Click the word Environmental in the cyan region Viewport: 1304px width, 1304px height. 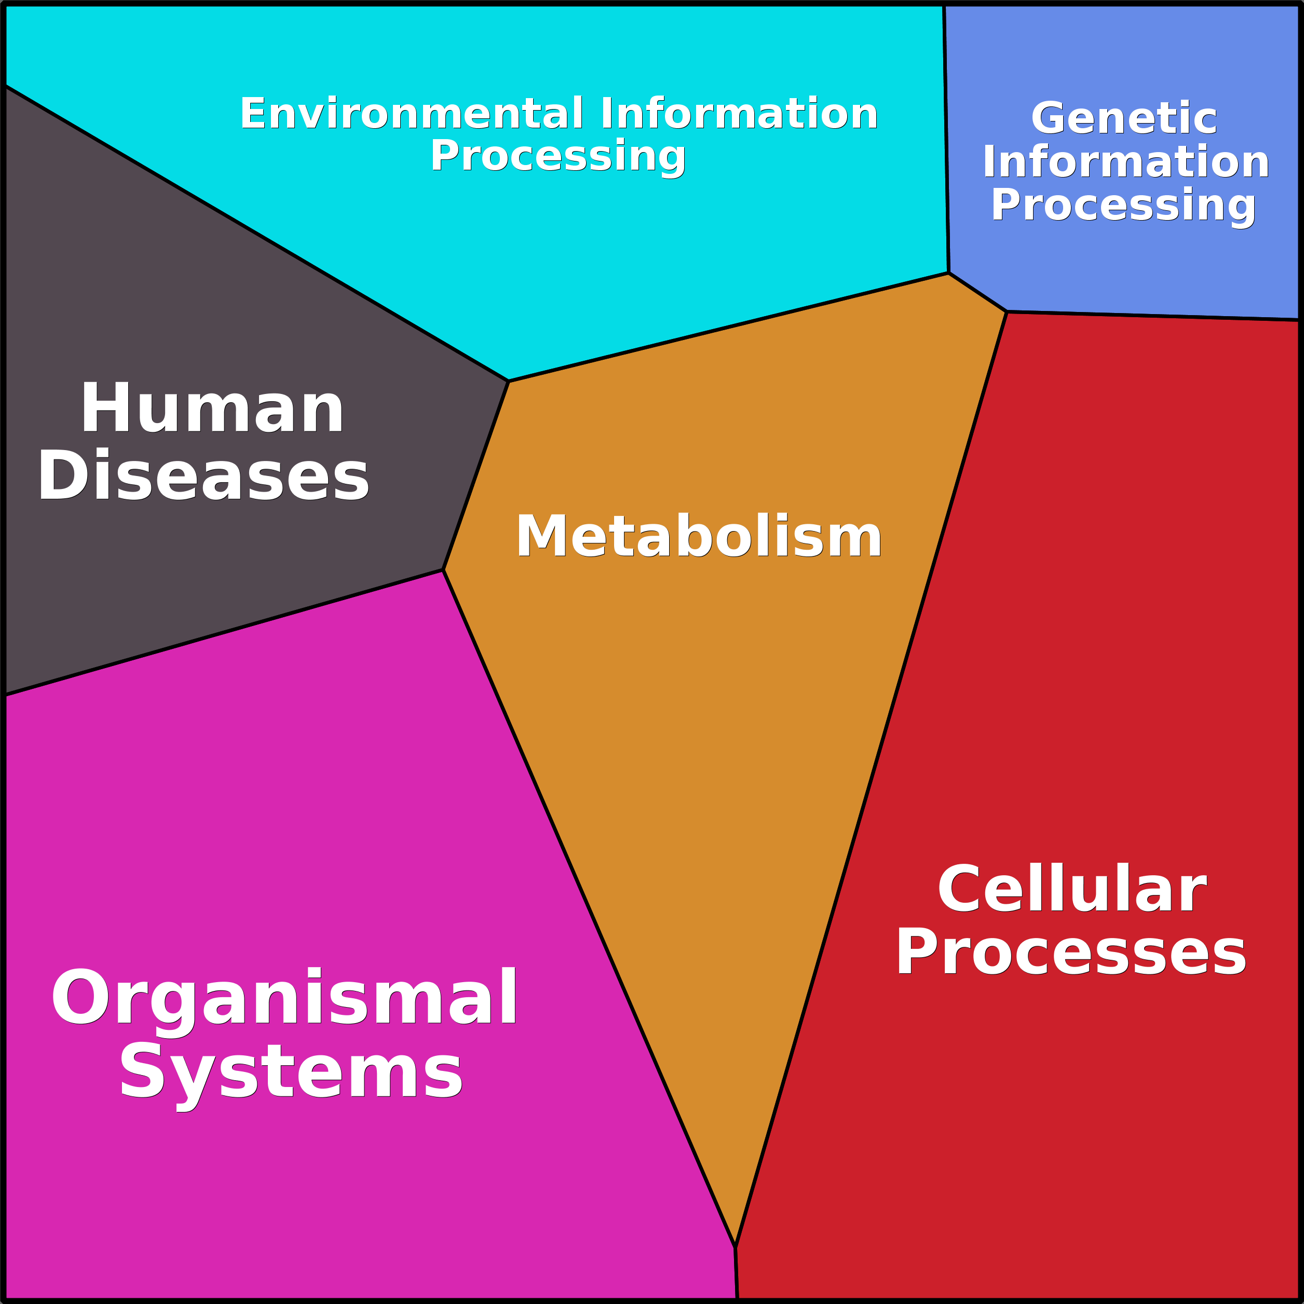point(412,113)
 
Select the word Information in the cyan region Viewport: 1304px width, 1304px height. point(739,113)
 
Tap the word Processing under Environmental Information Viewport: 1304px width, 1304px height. point(558,157)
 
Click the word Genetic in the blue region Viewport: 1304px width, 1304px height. point(1124,119)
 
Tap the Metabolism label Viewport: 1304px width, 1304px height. point(699,537)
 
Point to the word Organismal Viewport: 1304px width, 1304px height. point(284,999)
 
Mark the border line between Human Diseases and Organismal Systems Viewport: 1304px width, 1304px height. point(223,632)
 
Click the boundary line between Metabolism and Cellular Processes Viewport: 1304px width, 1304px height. point(871,780)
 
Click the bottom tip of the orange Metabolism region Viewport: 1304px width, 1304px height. point(735,1247)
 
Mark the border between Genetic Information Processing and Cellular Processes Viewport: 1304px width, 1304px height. point(1154,316)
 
